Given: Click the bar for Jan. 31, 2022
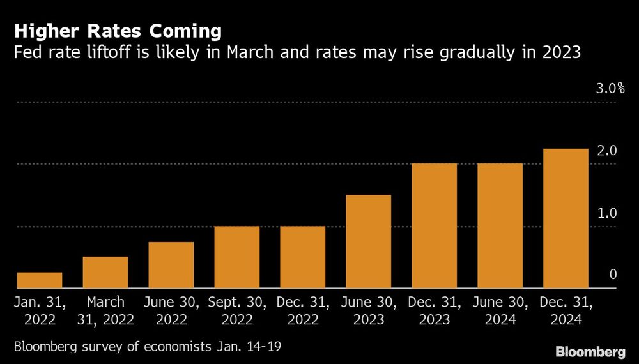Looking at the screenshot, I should click(40, 280).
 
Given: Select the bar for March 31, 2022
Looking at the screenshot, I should click(105, 273).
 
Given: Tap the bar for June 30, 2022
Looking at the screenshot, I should click(171, 265).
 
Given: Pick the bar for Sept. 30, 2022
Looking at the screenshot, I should click(237, 257).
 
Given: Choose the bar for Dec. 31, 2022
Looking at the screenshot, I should click(303, 257).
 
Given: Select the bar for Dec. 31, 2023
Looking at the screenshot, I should click(435, 226).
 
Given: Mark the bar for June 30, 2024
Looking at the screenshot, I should click(500, 226).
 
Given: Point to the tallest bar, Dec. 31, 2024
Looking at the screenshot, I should click(566, 218).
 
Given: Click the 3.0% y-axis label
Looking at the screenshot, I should click(610, 89).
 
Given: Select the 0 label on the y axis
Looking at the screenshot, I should click(613, 275).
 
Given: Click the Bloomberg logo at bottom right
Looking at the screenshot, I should click(590, 351).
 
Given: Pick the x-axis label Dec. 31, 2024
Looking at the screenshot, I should click(566, 310).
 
